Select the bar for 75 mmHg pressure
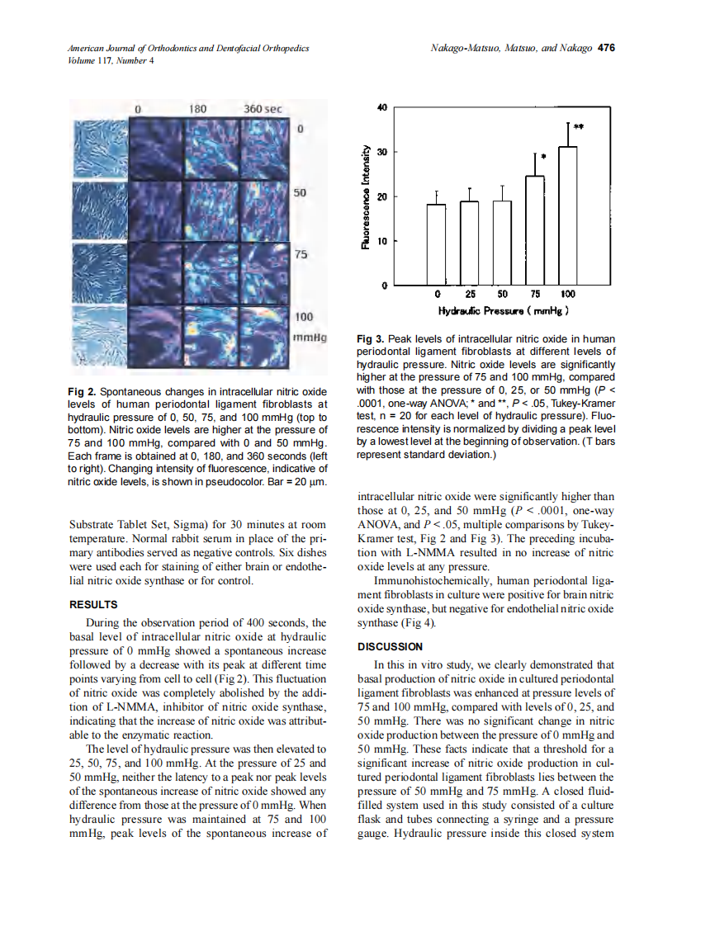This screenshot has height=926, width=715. (535, 231)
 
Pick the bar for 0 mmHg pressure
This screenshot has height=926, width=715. (437, 244)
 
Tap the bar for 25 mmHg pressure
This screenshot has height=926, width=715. (470, 243)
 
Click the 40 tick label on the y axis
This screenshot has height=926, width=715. (381, 107)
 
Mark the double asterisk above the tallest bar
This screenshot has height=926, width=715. (580, 127)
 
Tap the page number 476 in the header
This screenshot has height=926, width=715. (607, 49)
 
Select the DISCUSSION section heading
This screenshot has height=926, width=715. (389, 646)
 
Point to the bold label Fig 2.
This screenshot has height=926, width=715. (81, 390)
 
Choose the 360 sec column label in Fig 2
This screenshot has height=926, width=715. (263, 108)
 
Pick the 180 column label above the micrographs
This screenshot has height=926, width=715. (198, 108)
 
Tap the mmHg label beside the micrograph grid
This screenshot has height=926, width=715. (310, 338)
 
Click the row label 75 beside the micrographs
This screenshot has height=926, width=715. (301, 255)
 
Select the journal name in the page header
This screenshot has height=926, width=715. (188, 49)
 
